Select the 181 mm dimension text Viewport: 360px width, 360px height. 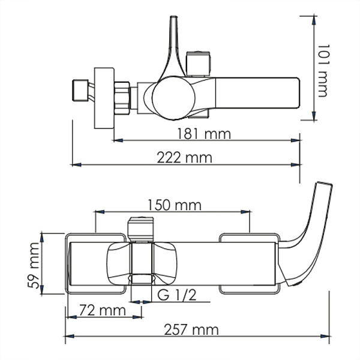coord(203,134)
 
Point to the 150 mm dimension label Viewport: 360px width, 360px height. coord(173,205)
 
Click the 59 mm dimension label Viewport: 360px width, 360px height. coord(37,264)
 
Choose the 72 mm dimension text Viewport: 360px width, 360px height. coord(98,311)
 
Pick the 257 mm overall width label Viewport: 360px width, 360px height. coord(193,329)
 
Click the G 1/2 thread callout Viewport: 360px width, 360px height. coord(177,295)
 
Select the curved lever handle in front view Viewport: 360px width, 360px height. coord(312,228)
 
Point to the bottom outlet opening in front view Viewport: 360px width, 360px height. coord(142,279)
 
